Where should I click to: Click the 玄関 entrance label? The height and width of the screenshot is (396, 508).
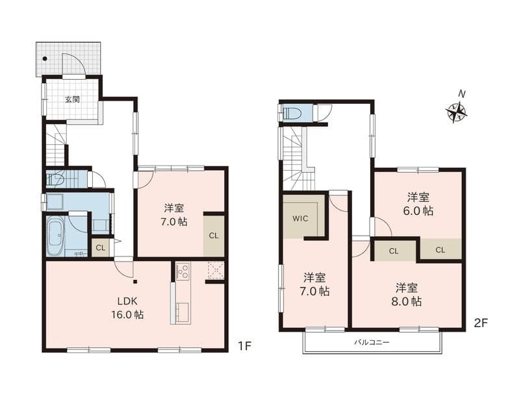[x=72, y=99]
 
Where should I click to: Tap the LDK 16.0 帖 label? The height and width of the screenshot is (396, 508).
[x=127, y=308]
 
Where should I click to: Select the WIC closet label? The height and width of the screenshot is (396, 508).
[x=300, y=219]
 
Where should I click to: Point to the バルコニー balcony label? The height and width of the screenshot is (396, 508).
[x=372, y=342]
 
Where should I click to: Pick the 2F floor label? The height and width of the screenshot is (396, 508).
[x=481, y=323]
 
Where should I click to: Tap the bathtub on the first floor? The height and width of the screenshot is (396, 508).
[x=56, y=236]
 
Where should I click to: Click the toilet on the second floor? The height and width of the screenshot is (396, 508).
[x=292, y=114]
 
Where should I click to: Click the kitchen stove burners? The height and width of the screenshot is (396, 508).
[x=183, y=271]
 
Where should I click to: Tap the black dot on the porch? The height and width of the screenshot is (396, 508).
[x=45, y=58]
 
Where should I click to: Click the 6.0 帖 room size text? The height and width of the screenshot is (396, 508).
[x=418, y=211]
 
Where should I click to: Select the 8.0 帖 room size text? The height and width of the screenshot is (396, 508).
[x=406, y=302]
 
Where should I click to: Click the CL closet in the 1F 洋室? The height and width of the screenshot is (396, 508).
[x=214, y=236]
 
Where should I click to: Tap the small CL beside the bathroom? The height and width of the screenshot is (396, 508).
[x=101, y=248]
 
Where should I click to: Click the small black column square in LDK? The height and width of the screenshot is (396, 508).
[x=135, y=281]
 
